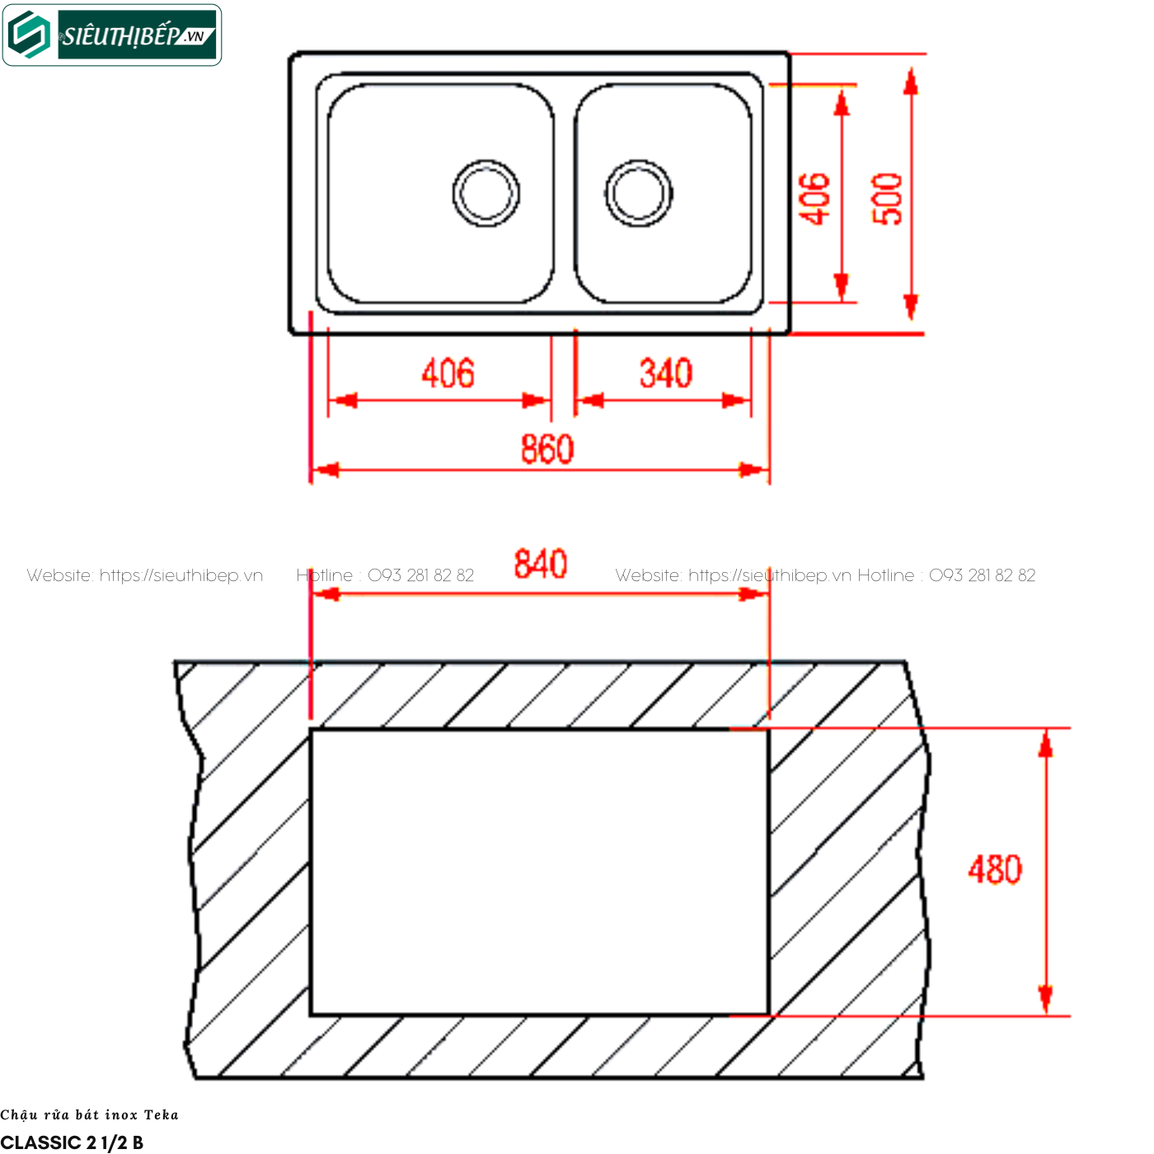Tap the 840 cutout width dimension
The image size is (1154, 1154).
click(540, 564)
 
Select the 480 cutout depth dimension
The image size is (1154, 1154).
click(995, 870)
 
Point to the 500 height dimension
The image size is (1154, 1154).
click(887, 199)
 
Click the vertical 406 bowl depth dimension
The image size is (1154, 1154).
click(815, 199)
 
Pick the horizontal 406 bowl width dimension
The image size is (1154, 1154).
click(448, 373)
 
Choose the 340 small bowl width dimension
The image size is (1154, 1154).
click(666, 373)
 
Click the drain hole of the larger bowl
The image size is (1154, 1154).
click(486, 194)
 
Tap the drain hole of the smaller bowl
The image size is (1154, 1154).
click(638, 194)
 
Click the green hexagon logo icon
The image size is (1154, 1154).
click(29, 35)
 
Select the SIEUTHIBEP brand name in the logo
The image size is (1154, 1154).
click(120, 36)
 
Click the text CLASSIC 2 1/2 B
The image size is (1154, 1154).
click(72, 1142)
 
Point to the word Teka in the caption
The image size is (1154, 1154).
click(161, 1115)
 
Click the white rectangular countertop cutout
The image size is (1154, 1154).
click(539, 872)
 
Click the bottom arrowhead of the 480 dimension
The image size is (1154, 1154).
click(1046, 1000)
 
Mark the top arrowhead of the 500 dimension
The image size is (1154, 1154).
click(911, 82)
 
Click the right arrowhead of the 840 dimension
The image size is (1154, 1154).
click(753, 594)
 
